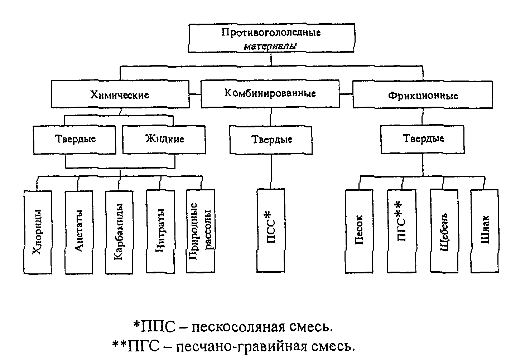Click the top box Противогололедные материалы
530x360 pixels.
click(x=271, y=38)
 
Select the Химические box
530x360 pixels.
click(x=120, y=94)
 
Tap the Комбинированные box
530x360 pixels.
click(x=270, y=94)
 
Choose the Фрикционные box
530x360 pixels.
click(x=423, y=94)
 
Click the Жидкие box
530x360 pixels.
click(x=164, y=140)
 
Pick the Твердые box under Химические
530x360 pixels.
click(x=75, y=140)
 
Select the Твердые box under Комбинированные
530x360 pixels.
click(x=271, y=140)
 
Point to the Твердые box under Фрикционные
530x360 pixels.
click(x=423, y=140)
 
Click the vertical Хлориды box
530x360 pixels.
click(x=38, y=232)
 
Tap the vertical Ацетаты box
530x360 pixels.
click(x=79, y=233)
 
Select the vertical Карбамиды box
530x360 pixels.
click(x=119, y=233)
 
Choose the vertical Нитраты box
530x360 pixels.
click(x=161, y=232)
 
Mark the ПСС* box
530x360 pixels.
click(x=271, y=230)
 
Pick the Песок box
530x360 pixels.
click(x=359, y=232)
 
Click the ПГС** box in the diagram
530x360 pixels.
click(x=402, y=231)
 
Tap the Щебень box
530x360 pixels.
click(x=444, y=231)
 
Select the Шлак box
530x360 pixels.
click(x=485, y=231)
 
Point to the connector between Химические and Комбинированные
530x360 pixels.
click(x=195, y=94)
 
